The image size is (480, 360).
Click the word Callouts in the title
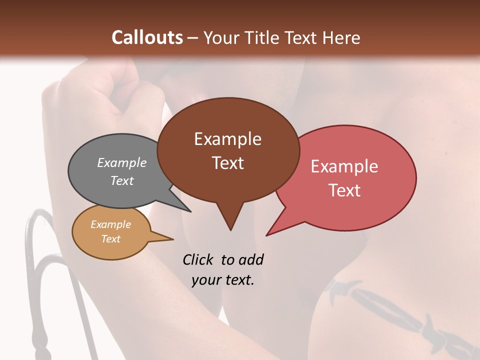point(147,37)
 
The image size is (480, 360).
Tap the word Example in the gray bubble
point(122,162)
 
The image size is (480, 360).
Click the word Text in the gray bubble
point(122,180)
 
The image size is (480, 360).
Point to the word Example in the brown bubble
point(227,139)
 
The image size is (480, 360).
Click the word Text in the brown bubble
point(227,163)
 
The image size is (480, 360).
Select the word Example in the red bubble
point(344,166)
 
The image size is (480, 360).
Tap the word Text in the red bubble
point(344,190)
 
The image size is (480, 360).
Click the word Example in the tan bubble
point(110,224)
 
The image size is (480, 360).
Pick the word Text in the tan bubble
point(110,239)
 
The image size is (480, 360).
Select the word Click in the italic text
point(198,259)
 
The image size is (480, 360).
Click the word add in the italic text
point(251,259)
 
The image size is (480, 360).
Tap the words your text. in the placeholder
point(223,280)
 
